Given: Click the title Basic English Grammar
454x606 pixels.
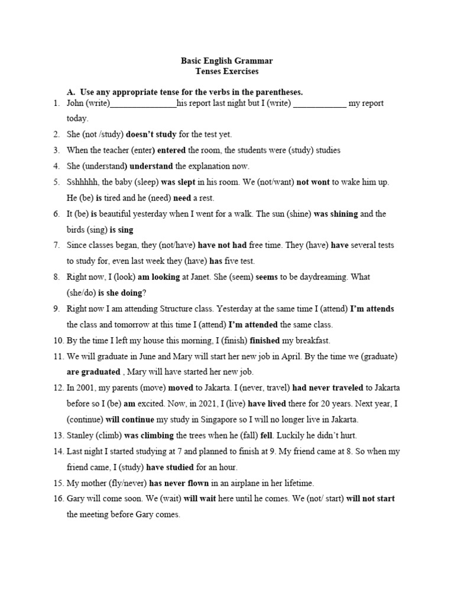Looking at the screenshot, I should click(226, 61).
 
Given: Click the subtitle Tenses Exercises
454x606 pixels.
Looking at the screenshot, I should click(227, 72).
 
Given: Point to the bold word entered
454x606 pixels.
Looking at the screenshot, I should click(171, 150).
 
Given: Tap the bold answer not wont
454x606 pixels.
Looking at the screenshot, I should click(313, 182).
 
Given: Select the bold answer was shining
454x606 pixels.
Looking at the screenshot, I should click(336, 214).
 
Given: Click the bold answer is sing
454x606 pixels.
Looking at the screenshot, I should click(121, 230).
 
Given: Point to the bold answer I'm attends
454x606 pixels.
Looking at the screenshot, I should click(372, 309).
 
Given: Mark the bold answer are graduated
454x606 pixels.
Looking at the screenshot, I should click(93, 372).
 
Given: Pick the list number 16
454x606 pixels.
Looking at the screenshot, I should click(57, 498).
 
